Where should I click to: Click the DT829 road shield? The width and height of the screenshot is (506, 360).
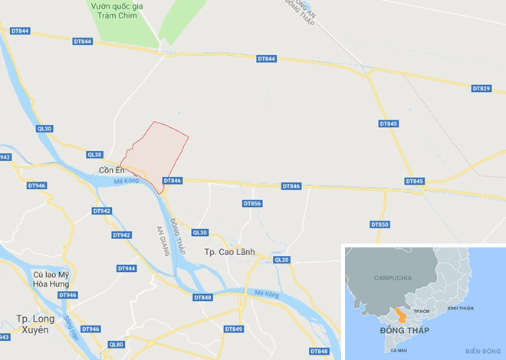click(481, 89)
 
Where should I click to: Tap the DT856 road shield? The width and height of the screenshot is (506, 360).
click(252, 204)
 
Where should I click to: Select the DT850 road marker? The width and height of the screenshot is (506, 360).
click(379, 224)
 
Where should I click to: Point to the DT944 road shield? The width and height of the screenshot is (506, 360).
click(127, 268)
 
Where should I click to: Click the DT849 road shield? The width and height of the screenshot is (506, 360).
click(234, 329)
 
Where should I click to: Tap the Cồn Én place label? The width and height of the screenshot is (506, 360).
click(111, 170)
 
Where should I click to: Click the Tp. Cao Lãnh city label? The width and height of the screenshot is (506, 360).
click(229, 252)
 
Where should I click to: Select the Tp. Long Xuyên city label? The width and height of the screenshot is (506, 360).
click(32, 324)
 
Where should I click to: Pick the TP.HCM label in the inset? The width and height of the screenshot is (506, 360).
click(421, 311)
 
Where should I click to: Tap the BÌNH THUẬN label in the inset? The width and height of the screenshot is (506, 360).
click(460, 308)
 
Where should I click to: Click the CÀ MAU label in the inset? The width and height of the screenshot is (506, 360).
click(398, 350)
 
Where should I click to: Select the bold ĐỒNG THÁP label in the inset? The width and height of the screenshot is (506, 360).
click(405, 331)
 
